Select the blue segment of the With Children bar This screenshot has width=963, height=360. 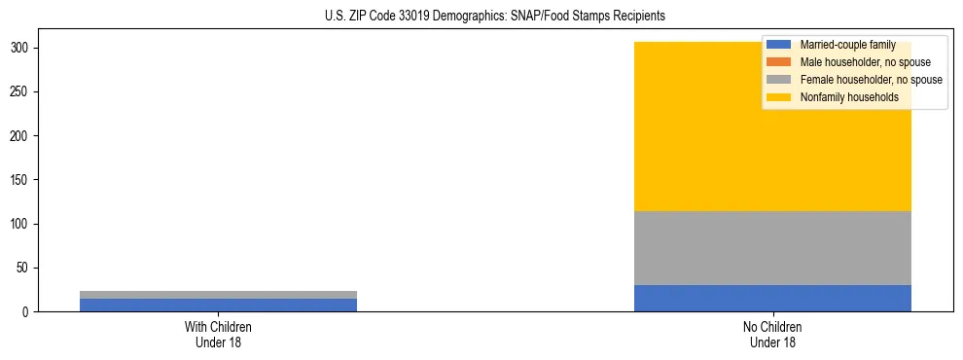[218, 305]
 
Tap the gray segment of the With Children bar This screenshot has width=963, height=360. [218, 295]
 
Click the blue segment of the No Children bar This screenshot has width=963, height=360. [772, 298]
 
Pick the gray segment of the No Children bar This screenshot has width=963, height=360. [772, 248]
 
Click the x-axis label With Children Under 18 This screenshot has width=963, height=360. [218, 335]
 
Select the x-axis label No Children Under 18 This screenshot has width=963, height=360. [772, 335]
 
